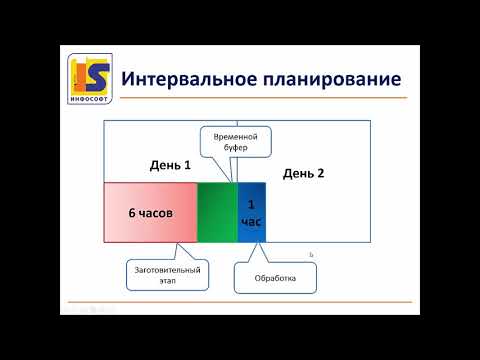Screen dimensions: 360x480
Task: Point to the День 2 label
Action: (304, 172)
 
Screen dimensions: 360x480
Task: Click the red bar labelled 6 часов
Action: (150, 213)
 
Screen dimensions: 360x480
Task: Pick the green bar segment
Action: (217, 213)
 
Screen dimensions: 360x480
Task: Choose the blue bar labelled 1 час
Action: (251, 213)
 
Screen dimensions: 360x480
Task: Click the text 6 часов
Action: (150, 213)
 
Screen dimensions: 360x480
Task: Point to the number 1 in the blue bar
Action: (251, 204)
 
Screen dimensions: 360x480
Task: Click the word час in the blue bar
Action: (251, 221)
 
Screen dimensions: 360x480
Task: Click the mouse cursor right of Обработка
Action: (312, 255)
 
